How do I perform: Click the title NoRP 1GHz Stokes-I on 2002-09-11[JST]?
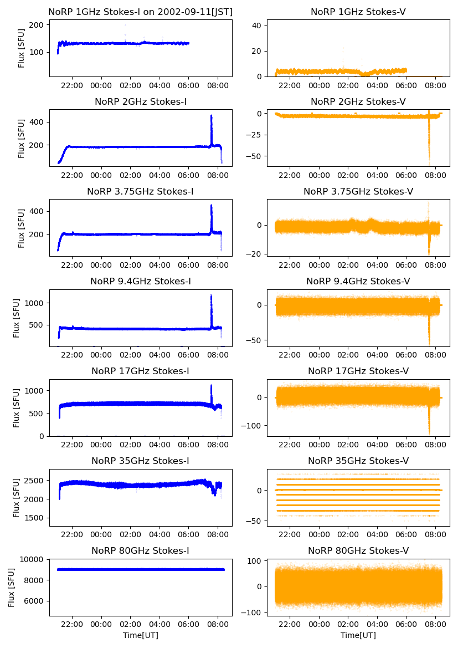click(140, 12)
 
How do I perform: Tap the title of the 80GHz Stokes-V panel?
click(358, 550)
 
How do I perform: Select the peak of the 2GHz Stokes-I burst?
click(211, 116)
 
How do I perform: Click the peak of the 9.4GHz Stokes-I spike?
click(211, 295)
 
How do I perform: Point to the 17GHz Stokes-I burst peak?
click(211, 385)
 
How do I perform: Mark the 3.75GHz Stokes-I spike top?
click(211, 206)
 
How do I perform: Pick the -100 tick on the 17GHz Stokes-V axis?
click(253, 426)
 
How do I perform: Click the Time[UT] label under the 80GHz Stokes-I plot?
click(140, 635)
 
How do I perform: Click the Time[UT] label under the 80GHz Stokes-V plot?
click(358, 635)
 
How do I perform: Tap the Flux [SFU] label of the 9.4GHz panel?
click(17, 318)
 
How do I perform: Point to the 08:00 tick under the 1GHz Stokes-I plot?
click(217, 85)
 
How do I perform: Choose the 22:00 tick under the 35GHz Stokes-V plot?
click(290, 534)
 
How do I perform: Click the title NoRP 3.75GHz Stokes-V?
click(358, 191)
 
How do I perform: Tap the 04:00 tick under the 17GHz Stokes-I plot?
click(159, 445)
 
